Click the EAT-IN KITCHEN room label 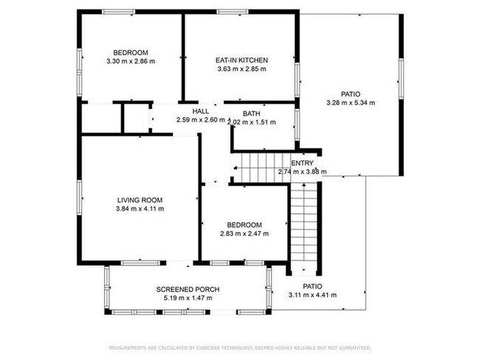coord(241,60)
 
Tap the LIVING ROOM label coord(140,200)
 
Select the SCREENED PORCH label coord(188,289)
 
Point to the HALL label coord(200,111)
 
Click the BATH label coord(251,114)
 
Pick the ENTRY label coord(302,163)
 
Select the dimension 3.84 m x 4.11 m coord(140,209)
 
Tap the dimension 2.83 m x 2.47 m coord(244,234)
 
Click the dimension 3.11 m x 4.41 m coord(312,294)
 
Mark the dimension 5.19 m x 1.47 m coord(188,298)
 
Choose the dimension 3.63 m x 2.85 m coord(241,69)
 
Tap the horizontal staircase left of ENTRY coord(259,167)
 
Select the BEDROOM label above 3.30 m coord(131,52)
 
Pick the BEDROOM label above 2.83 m coord(244,225)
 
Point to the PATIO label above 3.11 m coord(313,285)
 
